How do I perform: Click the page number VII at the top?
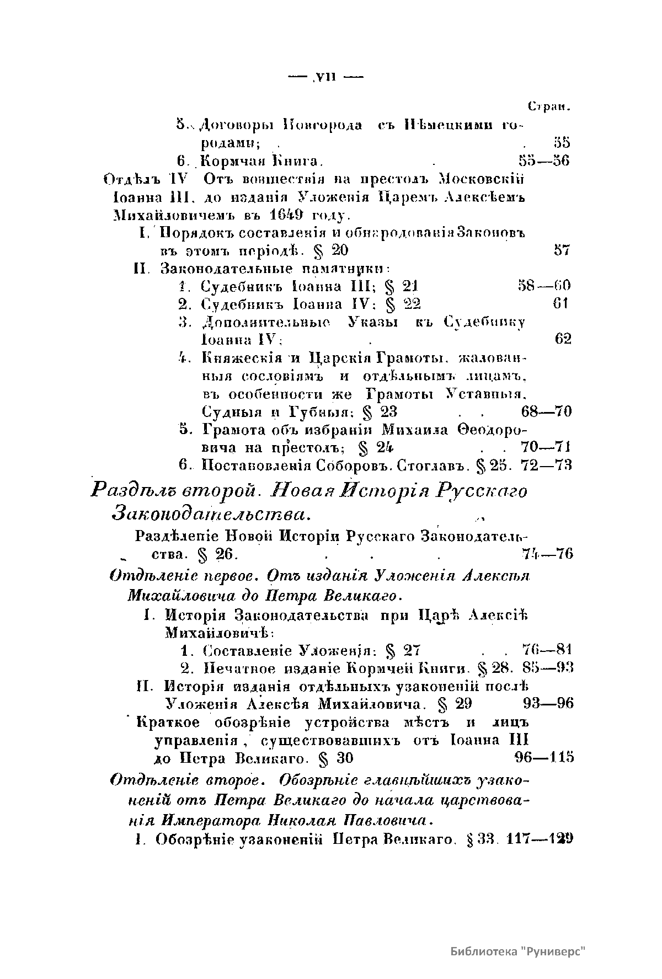[x=326, y=77]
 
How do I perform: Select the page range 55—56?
[x=544, y=161]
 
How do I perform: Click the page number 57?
[x=561, y=250]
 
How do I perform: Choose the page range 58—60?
[x=543, y=286]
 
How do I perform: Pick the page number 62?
[x=563, y=339]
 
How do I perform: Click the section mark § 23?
[x=381, y=411]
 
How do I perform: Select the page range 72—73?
[x=545, y=465]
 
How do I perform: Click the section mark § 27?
[x=403, y=649]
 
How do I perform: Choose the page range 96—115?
[x=543, y=757]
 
